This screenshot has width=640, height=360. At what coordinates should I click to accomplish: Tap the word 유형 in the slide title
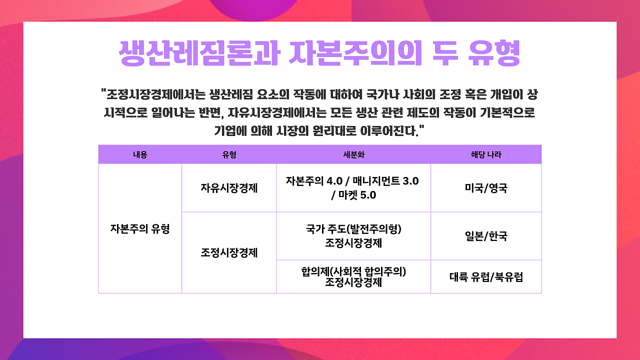point(494,53)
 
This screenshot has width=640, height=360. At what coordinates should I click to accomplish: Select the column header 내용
point(140,154)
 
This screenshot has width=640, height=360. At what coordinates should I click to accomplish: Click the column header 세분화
point(353,154)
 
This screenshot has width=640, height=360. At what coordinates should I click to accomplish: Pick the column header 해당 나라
point(486,154)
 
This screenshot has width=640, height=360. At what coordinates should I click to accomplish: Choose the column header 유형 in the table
point(229,154)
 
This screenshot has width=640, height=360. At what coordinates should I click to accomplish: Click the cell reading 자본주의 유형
point(140,228)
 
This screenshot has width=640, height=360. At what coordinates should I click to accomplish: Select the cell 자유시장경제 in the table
point(229,188)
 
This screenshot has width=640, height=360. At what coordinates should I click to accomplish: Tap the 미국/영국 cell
point(486,188)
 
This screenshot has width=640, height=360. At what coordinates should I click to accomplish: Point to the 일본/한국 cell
point(486,236)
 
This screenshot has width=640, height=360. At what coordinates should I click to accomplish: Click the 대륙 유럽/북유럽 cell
point(486,277)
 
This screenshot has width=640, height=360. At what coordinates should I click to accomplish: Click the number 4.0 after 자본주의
point(334,181)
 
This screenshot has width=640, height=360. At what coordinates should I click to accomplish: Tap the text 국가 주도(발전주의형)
point(353,229)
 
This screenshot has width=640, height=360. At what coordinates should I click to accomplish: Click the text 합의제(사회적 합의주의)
point(353,271)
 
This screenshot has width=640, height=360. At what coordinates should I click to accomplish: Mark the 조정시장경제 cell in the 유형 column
point(229,252)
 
